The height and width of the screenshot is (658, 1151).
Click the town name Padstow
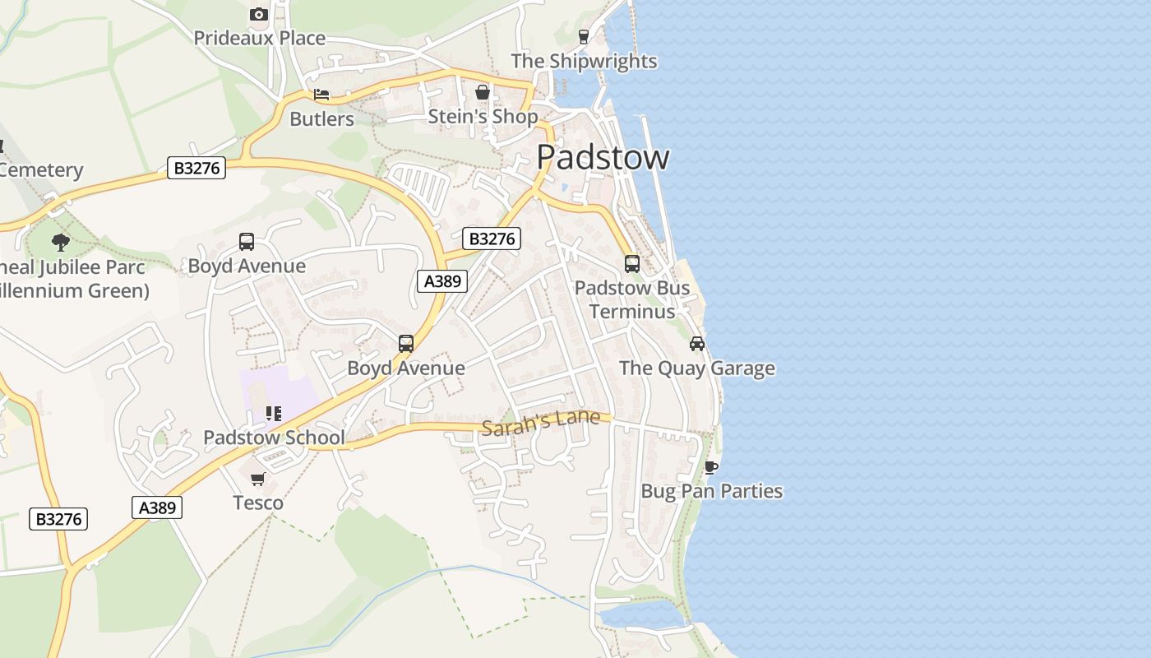[x=603, y=157]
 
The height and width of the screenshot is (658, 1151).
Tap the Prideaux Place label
[x=259, y=38]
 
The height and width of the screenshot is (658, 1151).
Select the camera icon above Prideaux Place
[x=258, y=14]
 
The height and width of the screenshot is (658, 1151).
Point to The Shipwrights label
[x=584, y=61]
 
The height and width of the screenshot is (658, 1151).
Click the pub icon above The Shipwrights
[x=584, y=36]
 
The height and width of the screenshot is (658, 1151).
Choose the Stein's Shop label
[x=483, y=117]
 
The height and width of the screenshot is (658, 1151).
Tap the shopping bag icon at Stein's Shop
[x=483, y=92]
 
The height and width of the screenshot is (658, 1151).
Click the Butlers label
[x=321, y=118]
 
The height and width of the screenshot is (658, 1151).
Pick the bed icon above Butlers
[x=321, y=95]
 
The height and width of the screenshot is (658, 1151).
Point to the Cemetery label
[x=41, y=170]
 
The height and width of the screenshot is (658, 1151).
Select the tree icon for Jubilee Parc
[x=60, y=242]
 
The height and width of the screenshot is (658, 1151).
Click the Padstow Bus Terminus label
[x=631, y=299]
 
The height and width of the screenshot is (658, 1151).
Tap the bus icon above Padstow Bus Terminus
[x=631, y=264]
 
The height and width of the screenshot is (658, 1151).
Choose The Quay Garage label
[x=696, y=368]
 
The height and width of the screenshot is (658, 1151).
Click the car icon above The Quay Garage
[x=697, y=344]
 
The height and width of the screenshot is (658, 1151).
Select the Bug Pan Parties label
[x=711, y=491]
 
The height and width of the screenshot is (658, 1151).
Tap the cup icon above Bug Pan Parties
[x=711, y=467]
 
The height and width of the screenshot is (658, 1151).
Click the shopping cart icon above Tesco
[x=258, y=479]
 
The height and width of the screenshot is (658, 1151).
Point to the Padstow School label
[x=274, y=437]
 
